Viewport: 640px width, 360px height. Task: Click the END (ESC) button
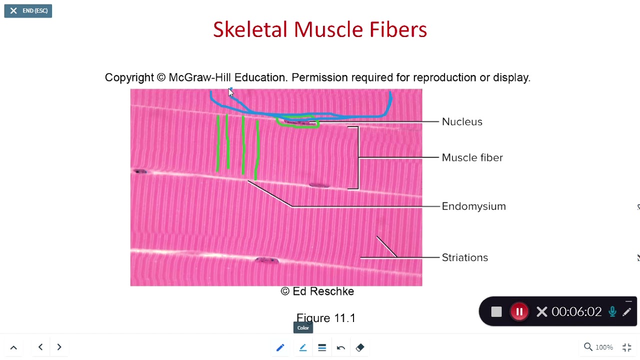click(28, 11)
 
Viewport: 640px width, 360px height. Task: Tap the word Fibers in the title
click(398, 30)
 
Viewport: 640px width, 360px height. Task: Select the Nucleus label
click(461, 122)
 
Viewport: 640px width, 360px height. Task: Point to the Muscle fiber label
click(472, 158)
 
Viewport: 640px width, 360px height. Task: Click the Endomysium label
click(473, 206)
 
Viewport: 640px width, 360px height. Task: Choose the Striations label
click(464, 258)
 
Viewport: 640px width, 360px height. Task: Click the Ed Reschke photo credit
click(317, 291)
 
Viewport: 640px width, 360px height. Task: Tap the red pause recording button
click(519, 312)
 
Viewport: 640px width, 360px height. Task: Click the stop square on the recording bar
click(496, 312)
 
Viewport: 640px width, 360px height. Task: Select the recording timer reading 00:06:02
click(576, 312)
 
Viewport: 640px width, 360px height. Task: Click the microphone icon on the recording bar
click(612, 312)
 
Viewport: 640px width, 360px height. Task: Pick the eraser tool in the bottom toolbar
click(360, 347)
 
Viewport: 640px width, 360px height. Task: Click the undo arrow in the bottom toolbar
click(341, 347)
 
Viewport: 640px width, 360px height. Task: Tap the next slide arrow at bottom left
click(59, 347)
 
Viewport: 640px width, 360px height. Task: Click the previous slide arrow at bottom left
click(40, 347)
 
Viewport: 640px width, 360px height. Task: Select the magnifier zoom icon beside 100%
click(588, 347)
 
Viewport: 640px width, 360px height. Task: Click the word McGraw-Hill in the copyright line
click(199, 78)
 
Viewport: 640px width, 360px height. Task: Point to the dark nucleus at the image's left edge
click(140, 171)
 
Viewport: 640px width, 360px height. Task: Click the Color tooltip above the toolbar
click(303, 328)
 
